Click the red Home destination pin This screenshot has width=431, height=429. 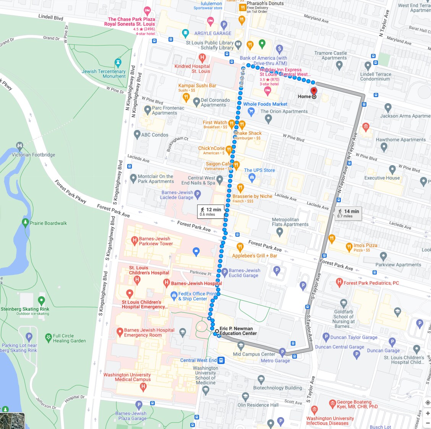point(314,91)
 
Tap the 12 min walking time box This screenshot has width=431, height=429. point(211,211)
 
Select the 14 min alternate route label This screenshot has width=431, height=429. point(348,213)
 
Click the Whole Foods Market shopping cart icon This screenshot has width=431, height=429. point(251,112)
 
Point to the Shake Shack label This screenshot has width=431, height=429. point(248,133)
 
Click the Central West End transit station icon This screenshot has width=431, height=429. point(221,360)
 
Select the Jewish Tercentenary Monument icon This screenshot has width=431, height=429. point(118,63)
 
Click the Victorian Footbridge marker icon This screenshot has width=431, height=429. point(19,146)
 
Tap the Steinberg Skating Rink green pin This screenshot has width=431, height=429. point(41,301)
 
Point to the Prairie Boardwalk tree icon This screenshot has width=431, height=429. point(25,222)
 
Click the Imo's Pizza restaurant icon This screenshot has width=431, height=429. point(349,247)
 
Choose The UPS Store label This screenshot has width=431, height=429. point(259,170)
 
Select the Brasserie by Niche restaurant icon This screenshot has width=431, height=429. point(240,187)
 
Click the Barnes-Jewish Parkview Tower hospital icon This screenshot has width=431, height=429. point(134,240)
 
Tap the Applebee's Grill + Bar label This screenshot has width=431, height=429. point(254,255)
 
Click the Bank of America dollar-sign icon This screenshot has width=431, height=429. point(279,49)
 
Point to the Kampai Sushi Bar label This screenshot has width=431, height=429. point(197,86)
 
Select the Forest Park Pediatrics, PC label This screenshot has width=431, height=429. point(371,283)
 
